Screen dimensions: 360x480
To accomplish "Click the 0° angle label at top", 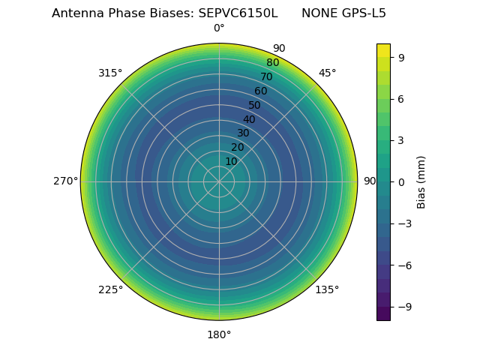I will (x=219, y=28).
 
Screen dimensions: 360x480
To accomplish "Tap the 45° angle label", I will (x=327, y=73).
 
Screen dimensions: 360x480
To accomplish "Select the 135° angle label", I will (x=327, y=289).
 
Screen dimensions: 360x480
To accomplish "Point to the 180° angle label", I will (x=219, y=334).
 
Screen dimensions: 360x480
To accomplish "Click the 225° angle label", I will (x=111, y=289).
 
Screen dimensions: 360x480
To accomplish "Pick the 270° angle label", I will (x=66, y=181).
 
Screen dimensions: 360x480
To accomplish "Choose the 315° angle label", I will (x=110, y=73).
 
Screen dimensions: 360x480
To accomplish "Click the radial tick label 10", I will (x=231, y=161).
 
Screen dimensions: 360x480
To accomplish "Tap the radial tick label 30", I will (x=243, y=133).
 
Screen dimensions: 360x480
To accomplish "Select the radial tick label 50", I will (x=255, y=106).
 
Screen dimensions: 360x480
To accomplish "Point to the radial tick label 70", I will (x=266, y=77).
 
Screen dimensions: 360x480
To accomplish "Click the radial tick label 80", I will (x=272, y=63).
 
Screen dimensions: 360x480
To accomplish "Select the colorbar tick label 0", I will (x=401, y=182).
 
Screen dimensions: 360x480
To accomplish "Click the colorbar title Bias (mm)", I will (x=421, y=182).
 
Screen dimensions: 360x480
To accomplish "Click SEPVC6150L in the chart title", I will (x=238, y=13).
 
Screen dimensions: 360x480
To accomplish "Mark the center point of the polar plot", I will (x=219, y=181).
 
